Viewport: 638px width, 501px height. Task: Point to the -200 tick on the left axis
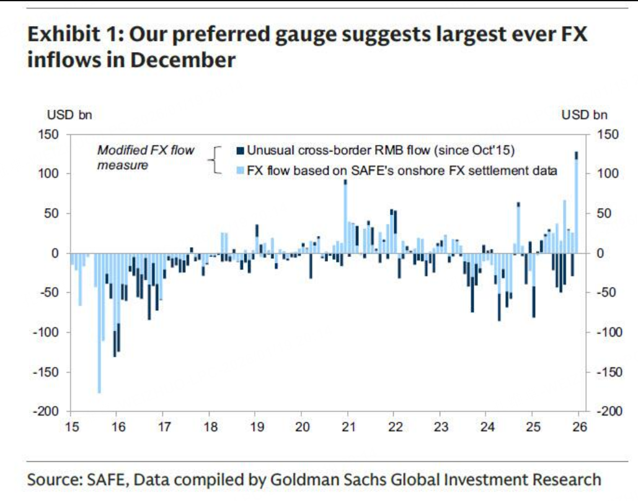click(x=51, y=412)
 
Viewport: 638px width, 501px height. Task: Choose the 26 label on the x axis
click(x=578, y=427)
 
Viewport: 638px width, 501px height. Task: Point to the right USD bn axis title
click(x=584, y=115)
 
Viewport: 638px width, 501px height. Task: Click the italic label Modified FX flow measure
click(x=146, y=157)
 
